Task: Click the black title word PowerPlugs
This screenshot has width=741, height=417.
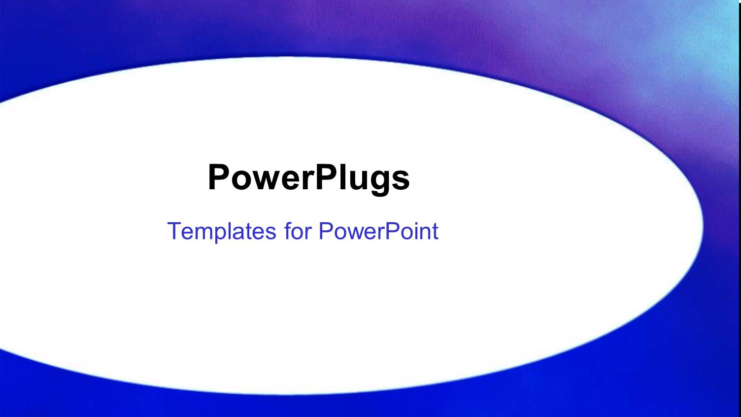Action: tap(308, 177)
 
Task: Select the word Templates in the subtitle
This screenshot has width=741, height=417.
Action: tap(222, 231)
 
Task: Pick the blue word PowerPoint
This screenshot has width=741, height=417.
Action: tap(378, 231)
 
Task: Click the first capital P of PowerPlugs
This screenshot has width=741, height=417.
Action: tap(219, 177)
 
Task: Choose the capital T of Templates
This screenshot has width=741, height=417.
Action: tap(174, 231)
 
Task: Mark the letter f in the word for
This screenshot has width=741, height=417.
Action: tap(288, 231)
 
